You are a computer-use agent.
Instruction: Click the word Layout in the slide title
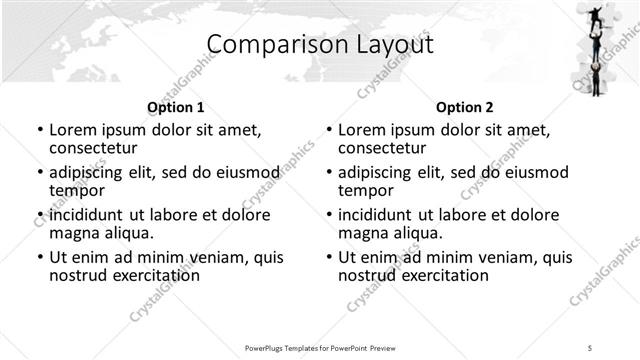(x=393, y=45)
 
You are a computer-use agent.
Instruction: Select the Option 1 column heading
(x=176, y=106)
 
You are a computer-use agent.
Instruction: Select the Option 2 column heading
(x=465, y=106)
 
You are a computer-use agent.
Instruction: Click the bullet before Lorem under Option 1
(x=40, y=131)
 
